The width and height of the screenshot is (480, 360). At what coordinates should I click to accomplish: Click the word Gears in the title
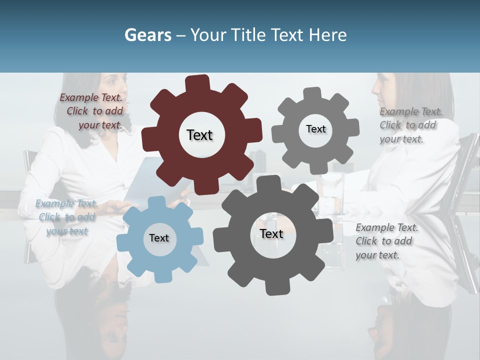click(x=147, y=35)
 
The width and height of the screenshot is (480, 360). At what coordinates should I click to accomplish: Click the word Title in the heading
click(x=248, y=35)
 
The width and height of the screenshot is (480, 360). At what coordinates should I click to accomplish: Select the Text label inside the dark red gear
click(x=199, y=135)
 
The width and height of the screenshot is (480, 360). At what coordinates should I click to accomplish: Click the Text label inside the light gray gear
click(x=315, y=129)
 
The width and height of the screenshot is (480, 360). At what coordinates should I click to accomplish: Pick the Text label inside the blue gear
click(x=159, y=238)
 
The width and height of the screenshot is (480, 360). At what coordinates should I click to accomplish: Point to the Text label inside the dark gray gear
click(x=271, y=233)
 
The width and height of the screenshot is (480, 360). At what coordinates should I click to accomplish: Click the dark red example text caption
click(x=91, y=111)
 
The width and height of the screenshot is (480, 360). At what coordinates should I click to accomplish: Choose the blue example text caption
click(x=66, y=217)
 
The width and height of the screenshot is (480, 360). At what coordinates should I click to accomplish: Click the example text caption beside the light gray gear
click(x=410, y=125)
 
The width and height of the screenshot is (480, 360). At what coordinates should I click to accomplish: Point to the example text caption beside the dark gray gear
click(x=386, y=241)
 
